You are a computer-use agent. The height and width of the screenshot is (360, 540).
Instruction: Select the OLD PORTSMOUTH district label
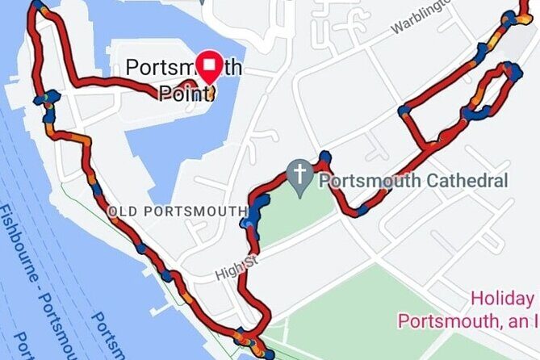tap(178, 211)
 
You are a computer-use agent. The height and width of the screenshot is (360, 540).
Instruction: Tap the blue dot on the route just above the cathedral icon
tap(324, 156)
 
